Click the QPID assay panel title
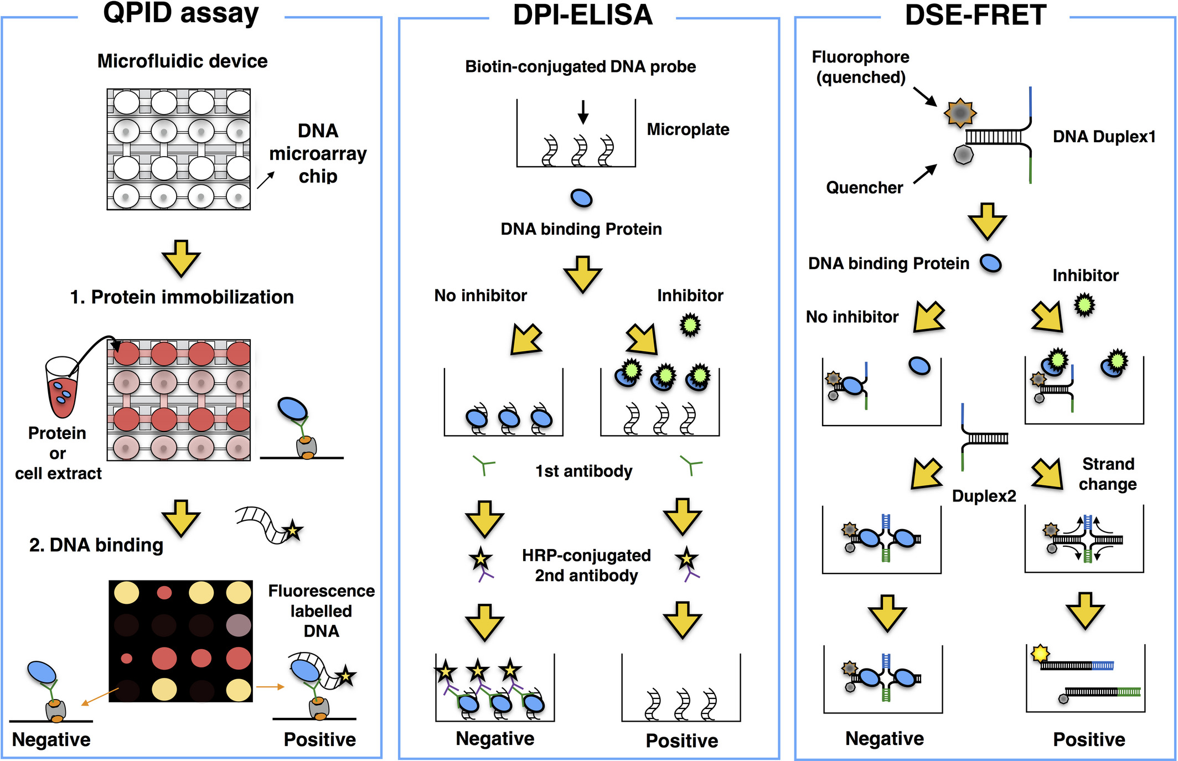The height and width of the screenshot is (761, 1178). click(x=181, y=13)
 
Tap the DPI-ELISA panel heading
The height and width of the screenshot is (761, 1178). click(x=583, y=14)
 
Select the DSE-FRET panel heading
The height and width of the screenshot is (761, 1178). click(x=975, y=14)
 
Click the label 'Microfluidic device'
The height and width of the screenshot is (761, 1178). click(x=182, y=61)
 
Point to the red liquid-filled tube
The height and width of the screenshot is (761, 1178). click(x=61, y=387)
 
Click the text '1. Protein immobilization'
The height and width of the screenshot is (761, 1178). click(x=182, y=297)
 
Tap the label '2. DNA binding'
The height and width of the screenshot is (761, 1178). click(x=96, y=545)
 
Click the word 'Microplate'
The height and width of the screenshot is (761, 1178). click(x=688, y=130)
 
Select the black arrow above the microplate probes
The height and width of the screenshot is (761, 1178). click(x=582, y=112)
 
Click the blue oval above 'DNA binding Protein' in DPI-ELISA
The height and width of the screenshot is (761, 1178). click(x=581, y=198)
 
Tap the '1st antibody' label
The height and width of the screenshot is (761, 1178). click(x=583, y=471)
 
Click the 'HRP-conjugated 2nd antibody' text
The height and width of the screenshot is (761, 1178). click(x=586, y=565)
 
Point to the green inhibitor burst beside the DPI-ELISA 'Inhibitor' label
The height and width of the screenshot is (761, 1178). click(x=690, y=325)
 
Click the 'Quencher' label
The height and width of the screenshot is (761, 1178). click(x=864, y=188)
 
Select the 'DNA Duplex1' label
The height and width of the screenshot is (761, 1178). click(x=1104, y=137)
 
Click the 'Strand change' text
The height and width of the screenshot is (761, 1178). click(x=1108, y=474)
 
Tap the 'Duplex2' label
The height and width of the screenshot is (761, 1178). click(x=984, y=496)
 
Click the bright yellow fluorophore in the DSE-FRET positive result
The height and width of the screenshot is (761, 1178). click(x=1040, y=653)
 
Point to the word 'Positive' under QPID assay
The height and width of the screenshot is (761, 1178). click(x=319, y=739)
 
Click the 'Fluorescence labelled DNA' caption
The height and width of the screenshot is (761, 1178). click(x=321, y=611)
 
